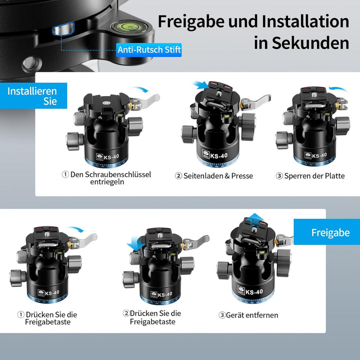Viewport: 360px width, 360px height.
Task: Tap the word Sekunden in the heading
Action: coord(310,43)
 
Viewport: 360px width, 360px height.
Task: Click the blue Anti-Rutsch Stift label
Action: coord(148,50)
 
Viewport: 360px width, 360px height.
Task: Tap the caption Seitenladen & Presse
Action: coord(218,175)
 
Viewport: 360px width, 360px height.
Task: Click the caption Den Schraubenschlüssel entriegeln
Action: coord(106,178)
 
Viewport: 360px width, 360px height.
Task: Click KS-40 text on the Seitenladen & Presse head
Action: coord(219,155)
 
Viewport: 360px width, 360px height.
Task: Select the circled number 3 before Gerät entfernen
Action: coord(222,315)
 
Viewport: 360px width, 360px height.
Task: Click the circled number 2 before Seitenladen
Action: coord(178,175)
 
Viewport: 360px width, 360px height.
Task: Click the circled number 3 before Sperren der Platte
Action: coord(279,175)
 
